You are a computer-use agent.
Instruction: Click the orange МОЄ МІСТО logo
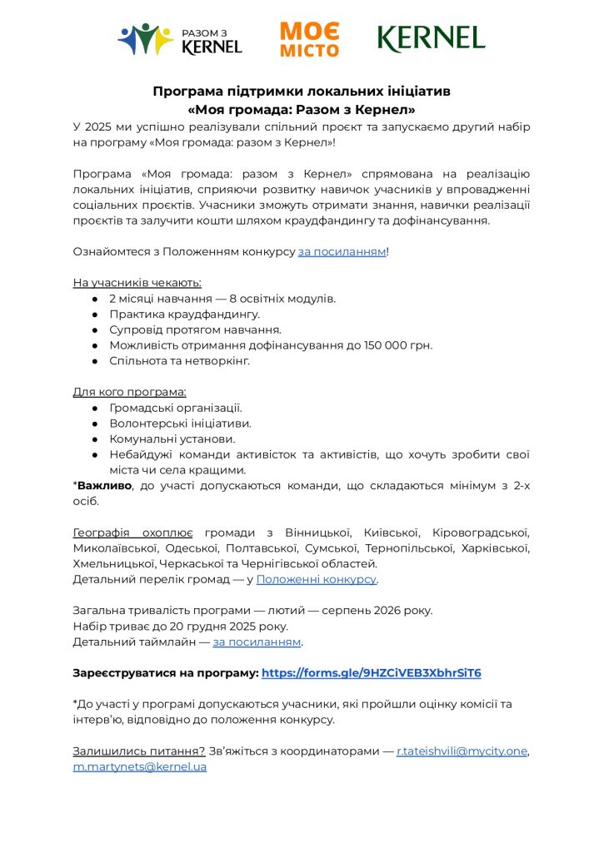pyautogui.click(x=309, y=39)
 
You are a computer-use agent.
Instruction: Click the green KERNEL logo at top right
pyautogui.click(x=431, y=37)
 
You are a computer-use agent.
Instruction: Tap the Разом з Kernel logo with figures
pyautogui.click(x=180, y=39)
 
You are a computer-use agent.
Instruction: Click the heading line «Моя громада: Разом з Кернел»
pyautogui.click(x=302, y=109)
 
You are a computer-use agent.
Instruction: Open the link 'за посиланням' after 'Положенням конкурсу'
pyautogui.click(x=342, y=251)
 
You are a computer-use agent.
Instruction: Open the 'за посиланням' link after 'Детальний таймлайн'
pyautogui.click(x=257, y=641)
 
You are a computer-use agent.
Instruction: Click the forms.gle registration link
pyautogui.click(x=372, y=672)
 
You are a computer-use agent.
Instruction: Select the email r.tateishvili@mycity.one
pyautogui.click(x=462, y=750)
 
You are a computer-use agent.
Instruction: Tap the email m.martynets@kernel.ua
pyautogui.click(x=140, y=766)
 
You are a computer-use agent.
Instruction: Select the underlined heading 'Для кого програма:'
pyautogui.click(x=129, y=392)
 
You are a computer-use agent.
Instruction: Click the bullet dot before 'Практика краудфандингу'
pyautogui.click(x=97, y=315)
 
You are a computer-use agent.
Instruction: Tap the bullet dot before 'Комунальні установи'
pyautogui.click(x=97, y=439)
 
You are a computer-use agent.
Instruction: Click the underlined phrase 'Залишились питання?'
pyautogui.click(x=138, y=750)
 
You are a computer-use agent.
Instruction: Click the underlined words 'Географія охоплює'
pyautogui.click(x=133, y=532)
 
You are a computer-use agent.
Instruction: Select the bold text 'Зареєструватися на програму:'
pyautogui.click(x=166, y=672)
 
